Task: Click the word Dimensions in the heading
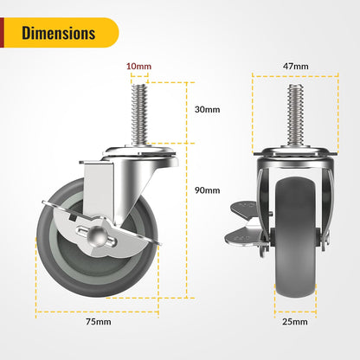pos(59,34)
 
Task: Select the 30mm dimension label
pos(208,110)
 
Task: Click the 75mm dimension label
pos(98,323)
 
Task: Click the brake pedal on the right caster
pos(241,210)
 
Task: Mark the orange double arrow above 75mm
pos(97,309)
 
